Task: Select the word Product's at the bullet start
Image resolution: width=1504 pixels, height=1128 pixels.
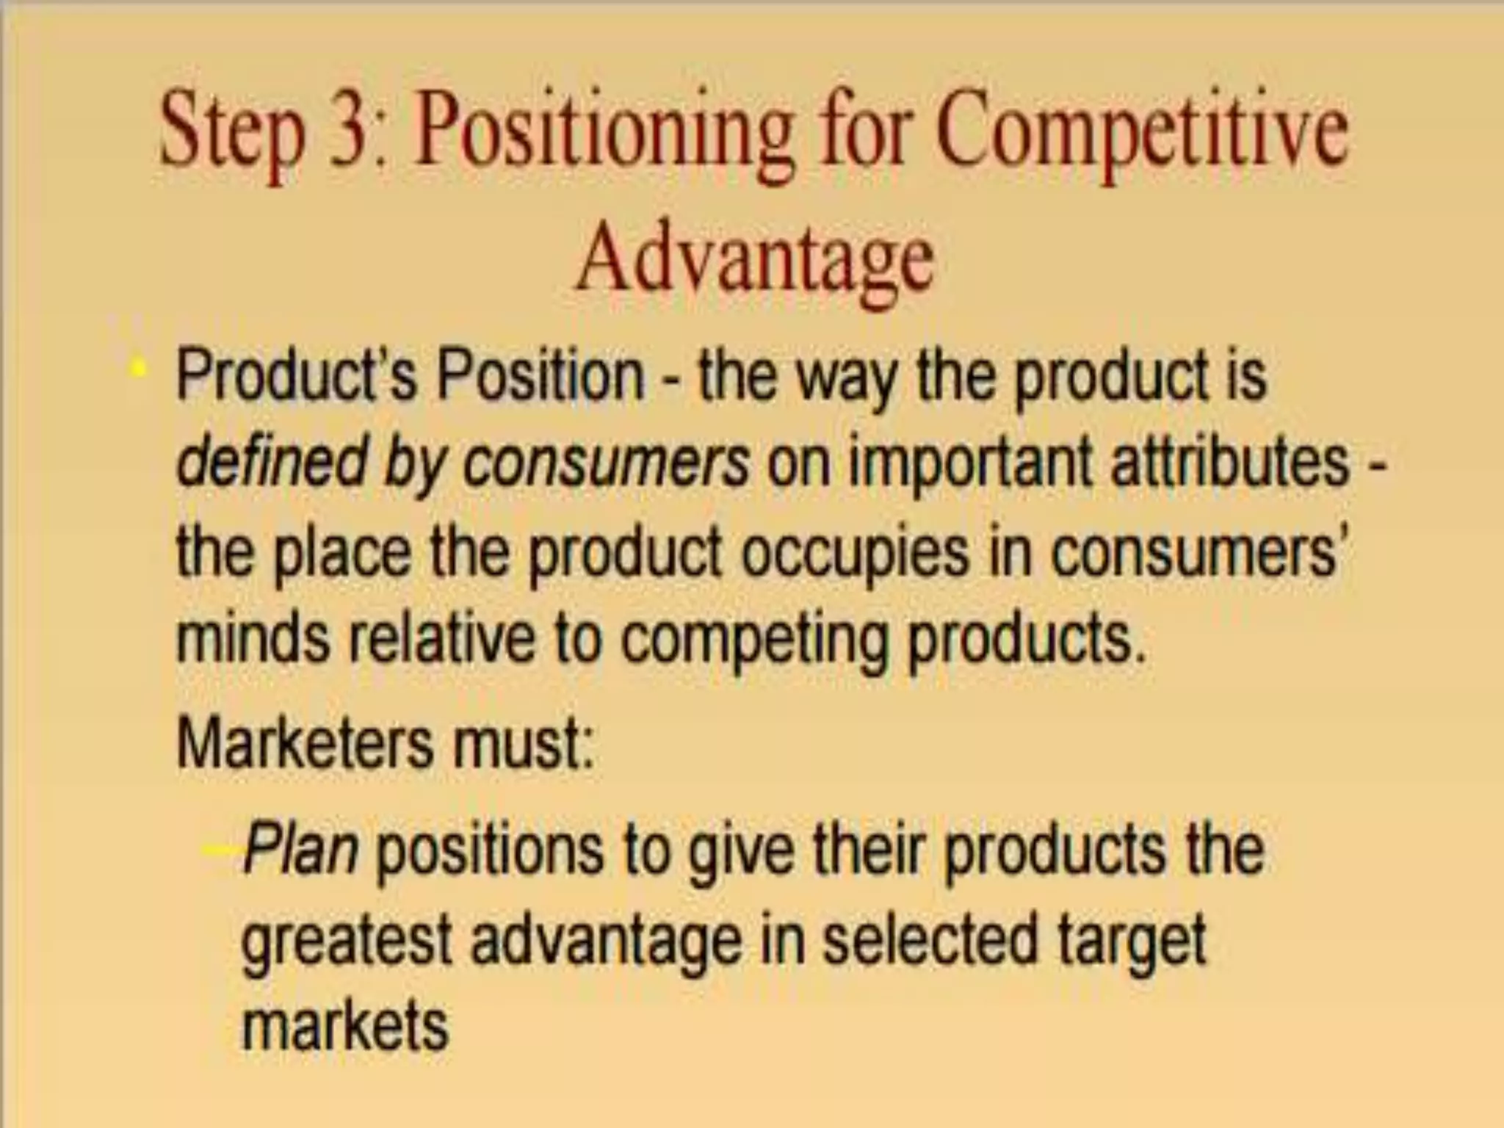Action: tap(296, 375)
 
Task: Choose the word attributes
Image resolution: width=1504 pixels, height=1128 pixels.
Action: tap(1230, 463)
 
